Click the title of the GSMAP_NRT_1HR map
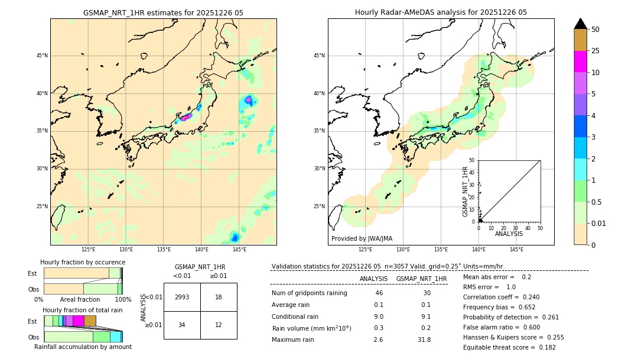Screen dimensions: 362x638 point(163,12)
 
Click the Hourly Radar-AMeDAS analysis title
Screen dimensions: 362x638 point(441,12)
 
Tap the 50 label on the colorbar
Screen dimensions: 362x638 point(595,30)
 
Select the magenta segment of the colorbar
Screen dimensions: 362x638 point(580,62)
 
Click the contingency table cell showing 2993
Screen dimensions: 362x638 point(182,297)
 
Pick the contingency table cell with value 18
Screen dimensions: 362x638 point(219,297)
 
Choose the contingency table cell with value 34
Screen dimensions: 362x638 point(182,325)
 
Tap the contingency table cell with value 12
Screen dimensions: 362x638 point(219,325)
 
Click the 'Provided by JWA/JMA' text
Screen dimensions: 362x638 point(362,239)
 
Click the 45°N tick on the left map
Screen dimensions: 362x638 point(42,56)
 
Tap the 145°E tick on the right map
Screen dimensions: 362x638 point(516,250)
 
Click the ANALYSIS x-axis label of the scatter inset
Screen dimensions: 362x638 point(509,234)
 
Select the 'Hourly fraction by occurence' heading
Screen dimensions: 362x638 point(83,262)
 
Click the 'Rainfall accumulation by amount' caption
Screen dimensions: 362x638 point(83,347)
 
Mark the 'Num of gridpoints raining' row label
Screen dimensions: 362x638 point(310,293)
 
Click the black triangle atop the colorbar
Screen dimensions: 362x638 point(581,24)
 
